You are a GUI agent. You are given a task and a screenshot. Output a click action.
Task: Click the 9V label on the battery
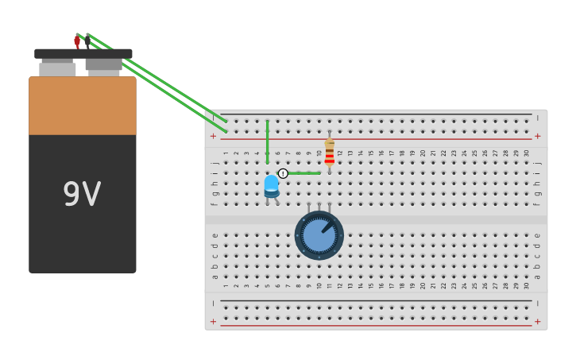click(82, 195)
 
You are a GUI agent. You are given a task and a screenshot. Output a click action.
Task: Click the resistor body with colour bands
click(329, 153)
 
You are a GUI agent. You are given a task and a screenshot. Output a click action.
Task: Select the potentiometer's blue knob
click(319, 235)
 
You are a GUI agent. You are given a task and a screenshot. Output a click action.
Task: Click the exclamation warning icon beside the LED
click(283, 173)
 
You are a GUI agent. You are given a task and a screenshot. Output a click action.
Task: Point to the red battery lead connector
click(77, 40)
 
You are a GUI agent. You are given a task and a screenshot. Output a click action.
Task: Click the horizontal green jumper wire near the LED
click(303, 172)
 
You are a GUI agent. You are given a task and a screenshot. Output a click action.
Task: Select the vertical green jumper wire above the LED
click(268, 141)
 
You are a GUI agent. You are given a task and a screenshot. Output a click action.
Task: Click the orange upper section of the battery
click(83, 106)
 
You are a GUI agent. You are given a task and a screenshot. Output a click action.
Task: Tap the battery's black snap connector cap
click(83, 53)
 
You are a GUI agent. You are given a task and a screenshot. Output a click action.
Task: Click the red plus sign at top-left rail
click(213, 136)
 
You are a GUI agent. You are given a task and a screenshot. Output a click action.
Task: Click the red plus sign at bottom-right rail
click(537, 322)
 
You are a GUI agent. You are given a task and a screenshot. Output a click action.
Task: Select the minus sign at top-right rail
click(537, 118)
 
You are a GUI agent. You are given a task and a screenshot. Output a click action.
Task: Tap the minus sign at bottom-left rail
click(213, 304)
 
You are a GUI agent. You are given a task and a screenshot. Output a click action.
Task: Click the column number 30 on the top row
click(526, 153)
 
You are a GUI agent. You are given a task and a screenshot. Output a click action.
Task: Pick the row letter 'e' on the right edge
click(537, 235)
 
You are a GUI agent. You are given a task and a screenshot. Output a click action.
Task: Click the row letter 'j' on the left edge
click(214, 163)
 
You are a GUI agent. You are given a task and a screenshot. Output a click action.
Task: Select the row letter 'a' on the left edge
click(214, 277)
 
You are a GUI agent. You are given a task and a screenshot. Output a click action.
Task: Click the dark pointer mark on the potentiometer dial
click(327, 226)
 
